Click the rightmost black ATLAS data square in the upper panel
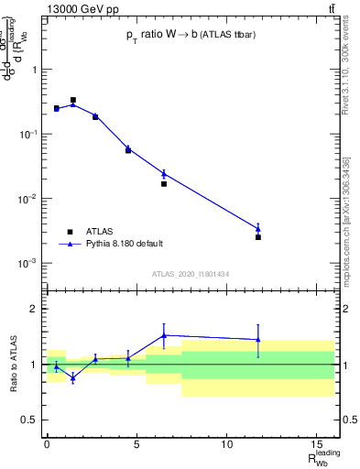point(258,237)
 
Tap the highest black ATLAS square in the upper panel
point(73,100)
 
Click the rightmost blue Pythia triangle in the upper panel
point(258,229)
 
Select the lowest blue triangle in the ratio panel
point(73,377)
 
